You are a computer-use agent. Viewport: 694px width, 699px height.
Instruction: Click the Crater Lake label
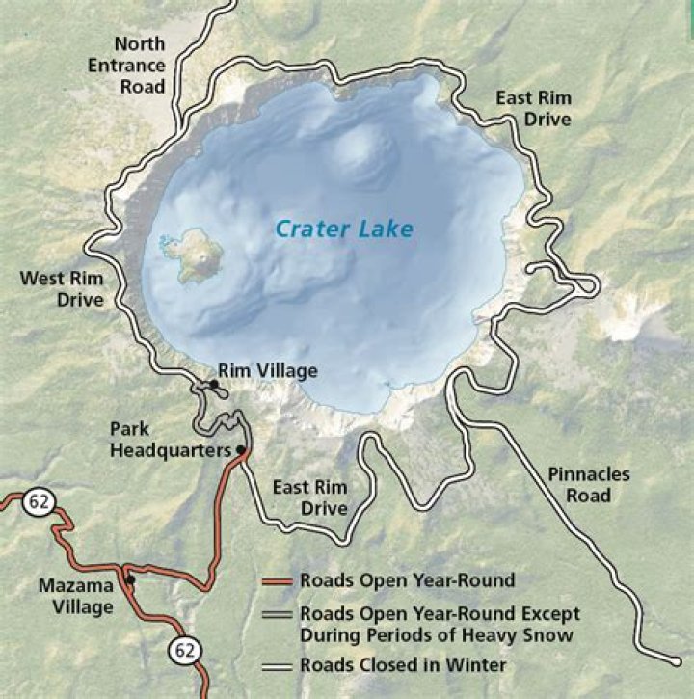tap(344, 229)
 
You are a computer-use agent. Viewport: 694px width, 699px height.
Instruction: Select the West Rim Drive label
tap(62, 289)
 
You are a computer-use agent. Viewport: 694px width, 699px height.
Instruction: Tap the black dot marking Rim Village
tap(214, 384)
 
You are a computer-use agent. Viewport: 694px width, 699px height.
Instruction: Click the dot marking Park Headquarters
tap(241, 450)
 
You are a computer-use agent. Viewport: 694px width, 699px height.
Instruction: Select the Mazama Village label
tap(76, 596)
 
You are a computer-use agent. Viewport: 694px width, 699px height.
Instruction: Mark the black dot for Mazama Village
tap(130, 579)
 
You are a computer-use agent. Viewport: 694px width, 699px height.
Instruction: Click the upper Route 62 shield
tap(44, 500)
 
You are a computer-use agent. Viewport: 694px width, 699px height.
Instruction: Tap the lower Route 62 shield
tap(184, 651)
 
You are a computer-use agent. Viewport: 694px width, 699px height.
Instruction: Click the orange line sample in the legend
tap(278, 581)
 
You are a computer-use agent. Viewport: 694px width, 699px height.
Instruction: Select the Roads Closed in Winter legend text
tap(403, 664)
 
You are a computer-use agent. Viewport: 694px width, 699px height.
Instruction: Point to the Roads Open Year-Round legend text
tap(407, 580)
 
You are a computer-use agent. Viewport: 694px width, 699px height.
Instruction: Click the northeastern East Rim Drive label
tap(533, 108)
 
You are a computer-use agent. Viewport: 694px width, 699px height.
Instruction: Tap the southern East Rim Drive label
tap(310, 497)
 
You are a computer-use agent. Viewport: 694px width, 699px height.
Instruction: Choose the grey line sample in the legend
tap(278, 614)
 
